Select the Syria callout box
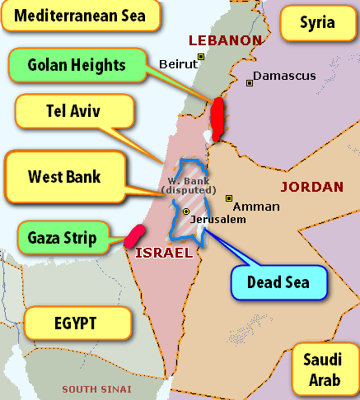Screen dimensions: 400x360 [x=317, y=22]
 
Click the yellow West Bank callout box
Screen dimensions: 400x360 [x=64, y=176]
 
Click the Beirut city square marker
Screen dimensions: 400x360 [x=199, y=58]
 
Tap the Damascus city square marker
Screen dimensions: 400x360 [x=249, y=81]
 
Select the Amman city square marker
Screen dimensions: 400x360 [x=229, y=198]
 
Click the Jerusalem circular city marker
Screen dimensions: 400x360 [x=186, y=212]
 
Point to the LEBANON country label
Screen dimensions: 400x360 [x=225, y=40]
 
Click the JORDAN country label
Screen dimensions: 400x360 [x=311, y=187]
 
